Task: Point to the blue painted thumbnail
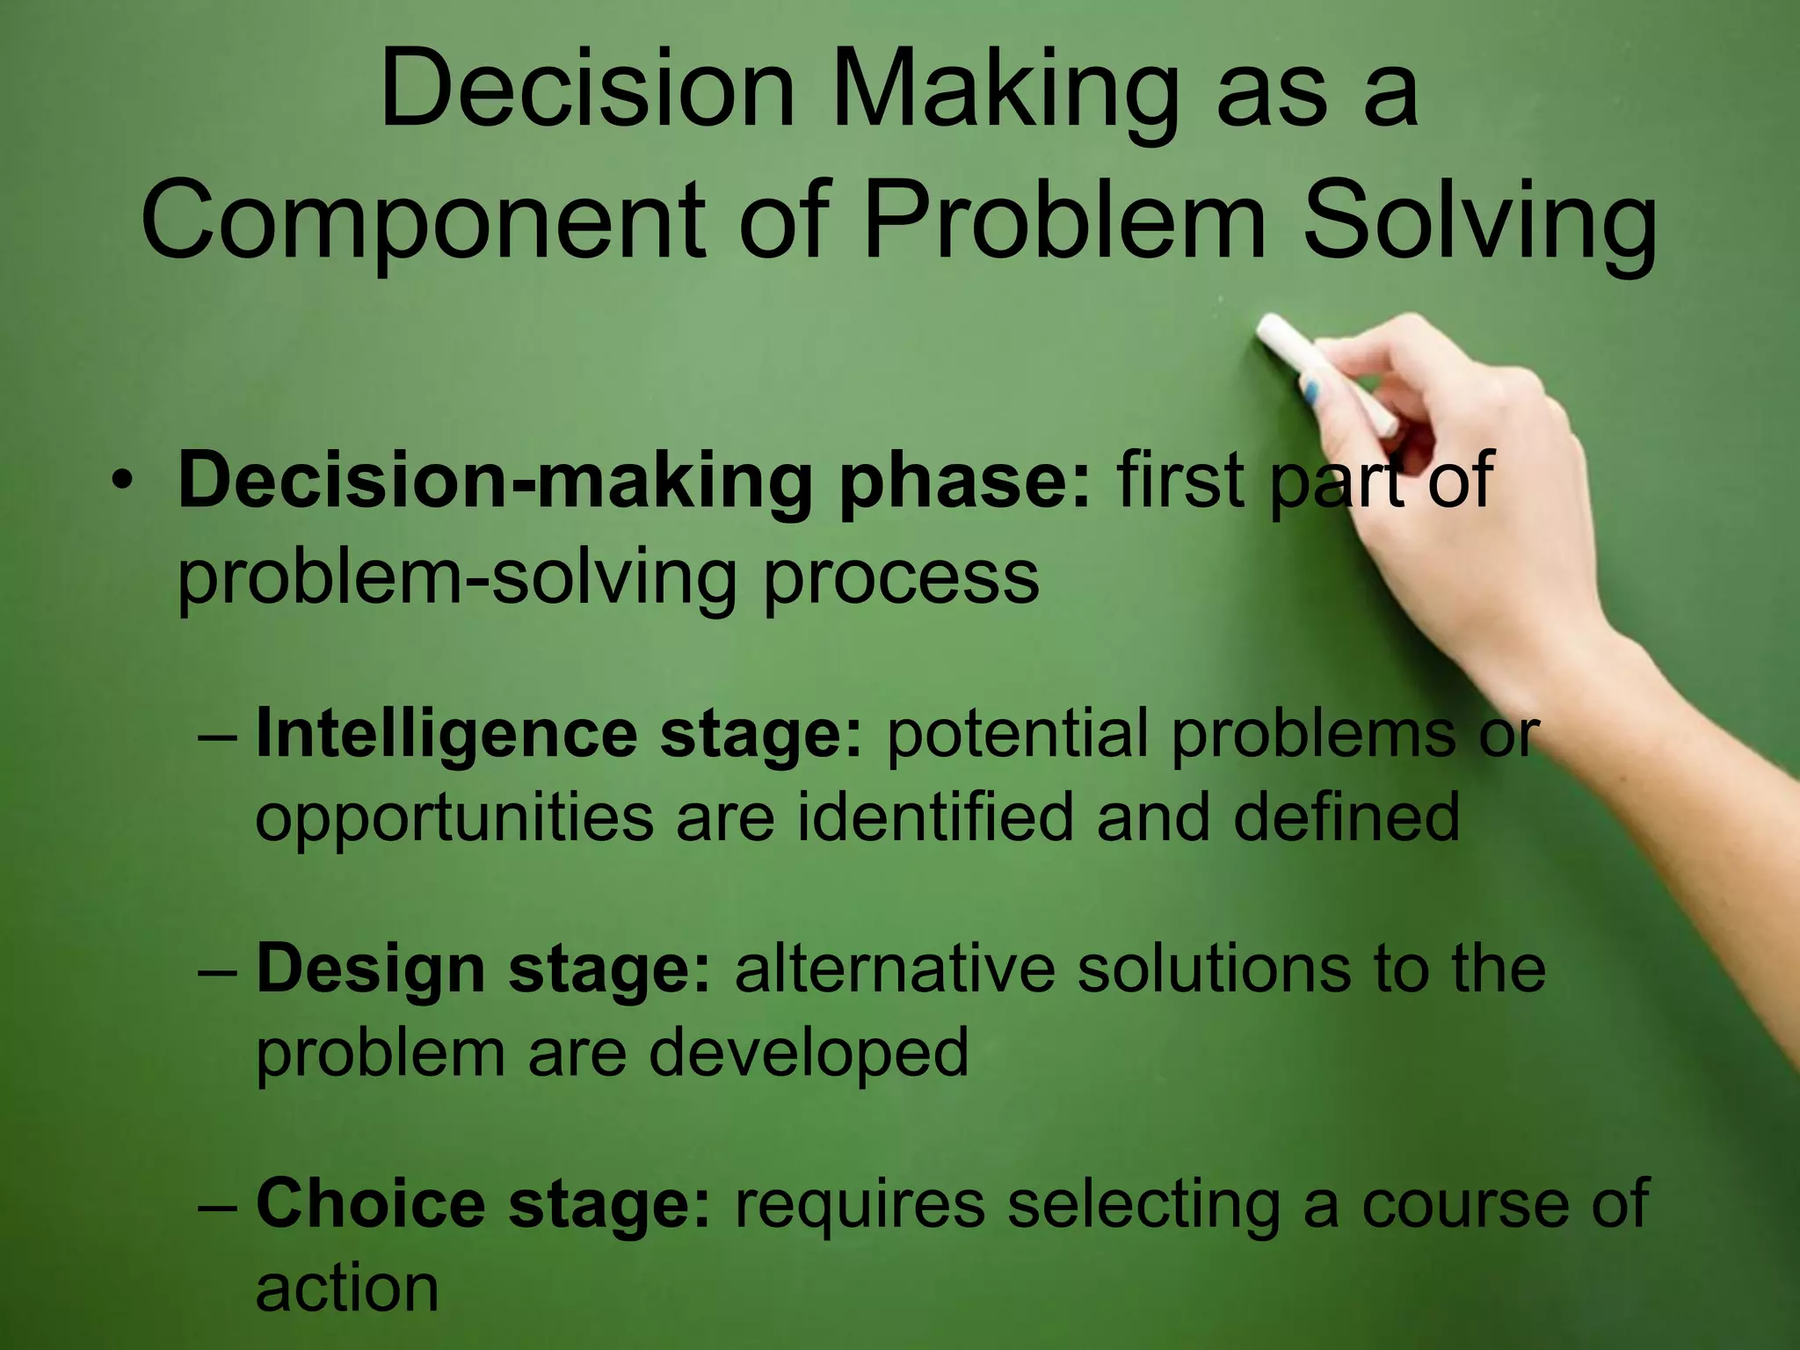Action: pyautogui.click(x=1311, y=391)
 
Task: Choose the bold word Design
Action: pyautogui.click(x=370, y=969)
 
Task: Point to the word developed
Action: pyautogui.click(x=809, y=1053)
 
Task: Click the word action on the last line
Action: pyautogui.click(x=346, y=1288)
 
